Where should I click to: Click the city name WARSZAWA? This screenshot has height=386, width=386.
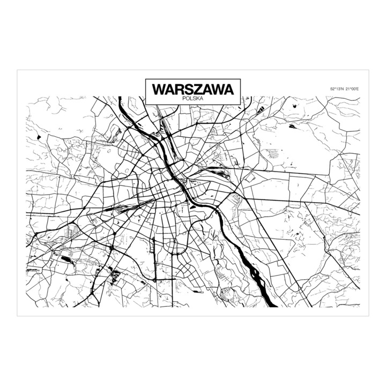click(193, 88)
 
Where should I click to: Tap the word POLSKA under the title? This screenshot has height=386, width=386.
click(193, 98)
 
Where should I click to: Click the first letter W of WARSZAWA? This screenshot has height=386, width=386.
click(159, 88)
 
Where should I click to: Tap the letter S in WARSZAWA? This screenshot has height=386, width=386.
click(187, 88)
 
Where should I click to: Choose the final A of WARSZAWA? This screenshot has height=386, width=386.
click(229, 88)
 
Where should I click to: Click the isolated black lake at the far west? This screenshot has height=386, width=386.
click(39, 138)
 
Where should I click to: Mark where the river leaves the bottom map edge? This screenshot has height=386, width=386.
click(273, 309)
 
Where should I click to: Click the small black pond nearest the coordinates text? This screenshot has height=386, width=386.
click(292, 127)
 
